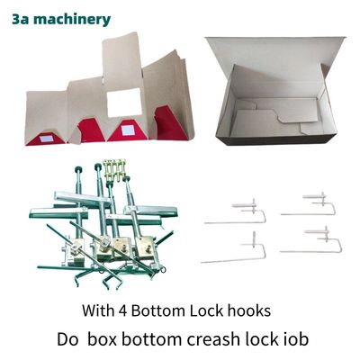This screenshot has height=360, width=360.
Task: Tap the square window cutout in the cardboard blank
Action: click(124, 103)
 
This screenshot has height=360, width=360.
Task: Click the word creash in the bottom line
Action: click(212, 339)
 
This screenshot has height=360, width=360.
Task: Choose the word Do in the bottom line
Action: click(67, 339)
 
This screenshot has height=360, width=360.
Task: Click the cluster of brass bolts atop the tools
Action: click(114, 169)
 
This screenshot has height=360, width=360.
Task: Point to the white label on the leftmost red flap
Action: click(48, 139)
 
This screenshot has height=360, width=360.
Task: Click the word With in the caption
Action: click(97, 310)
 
